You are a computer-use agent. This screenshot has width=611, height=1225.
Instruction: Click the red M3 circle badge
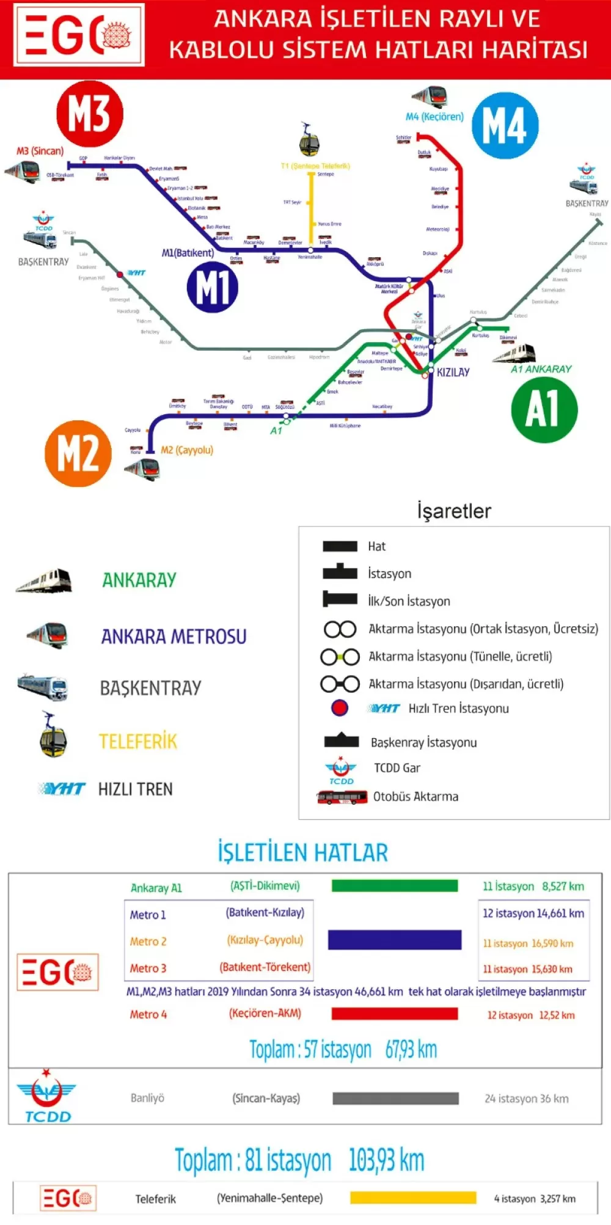click(x=90, y=114)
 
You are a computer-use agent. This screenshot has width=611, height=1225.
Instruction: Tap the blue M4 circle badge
click(x=505, y=126)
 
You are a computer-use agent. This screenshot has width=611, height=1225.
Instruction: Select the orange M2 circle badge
click(x=78, y=453)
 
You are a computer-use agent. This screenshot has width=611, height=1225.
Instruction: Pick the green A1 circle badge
click(x=544, y=409)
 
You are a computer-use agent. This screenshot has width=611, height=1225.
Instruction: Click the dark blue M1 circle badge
click(x=213, y=287)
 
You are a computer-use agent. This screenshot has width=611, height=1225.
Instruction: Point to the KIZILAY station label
click(x=453, y=372)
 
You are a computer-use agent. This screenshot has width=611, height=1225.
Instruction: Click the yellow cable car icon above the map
click(x=309, y=140)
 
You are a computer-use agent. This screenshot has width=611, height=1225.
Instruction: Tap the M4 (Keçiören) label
click(x=434, y=117)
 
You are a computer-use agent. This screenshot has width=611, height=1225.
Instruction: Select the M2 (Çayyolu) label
click(x=187, y=450)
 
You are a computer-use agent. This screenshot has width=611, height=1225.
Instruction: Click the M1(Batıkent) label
click(x=188, y=253)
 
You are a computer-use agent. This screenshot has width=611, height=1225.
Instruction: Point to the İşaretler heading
click(x=454, y=511)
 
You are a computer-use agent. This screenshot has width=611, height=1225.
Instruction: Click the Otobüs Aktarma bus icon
click(x=342, y=797)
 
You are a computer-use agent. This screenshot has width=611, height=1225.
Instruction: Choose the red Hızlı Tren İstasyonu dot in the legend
click(x=340, y=708)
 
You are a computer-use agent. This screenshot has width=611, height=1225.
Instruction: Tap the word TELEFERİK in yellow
click(x=138, y=742)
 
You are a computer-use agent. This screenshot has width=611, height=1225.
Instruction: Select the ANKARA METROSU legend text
click(x=174, y=637)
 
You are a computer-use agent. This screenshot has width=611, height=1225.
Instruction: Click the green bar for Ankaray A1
click(x=395, y=886)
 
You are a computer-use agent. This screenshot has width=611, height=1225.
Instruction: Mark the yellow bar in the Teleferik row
click(x=413, y=1198)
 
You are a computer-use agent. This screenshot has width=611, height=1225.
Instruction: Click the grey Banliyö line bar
click(x=396, y=1099)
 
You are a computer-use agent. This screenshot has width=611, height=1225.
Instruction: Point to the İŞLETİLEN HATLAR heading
click(x=303, y=852)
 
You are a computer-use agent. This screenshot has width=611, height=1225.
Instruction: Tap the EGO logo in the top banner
click(x=79, y=34)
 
